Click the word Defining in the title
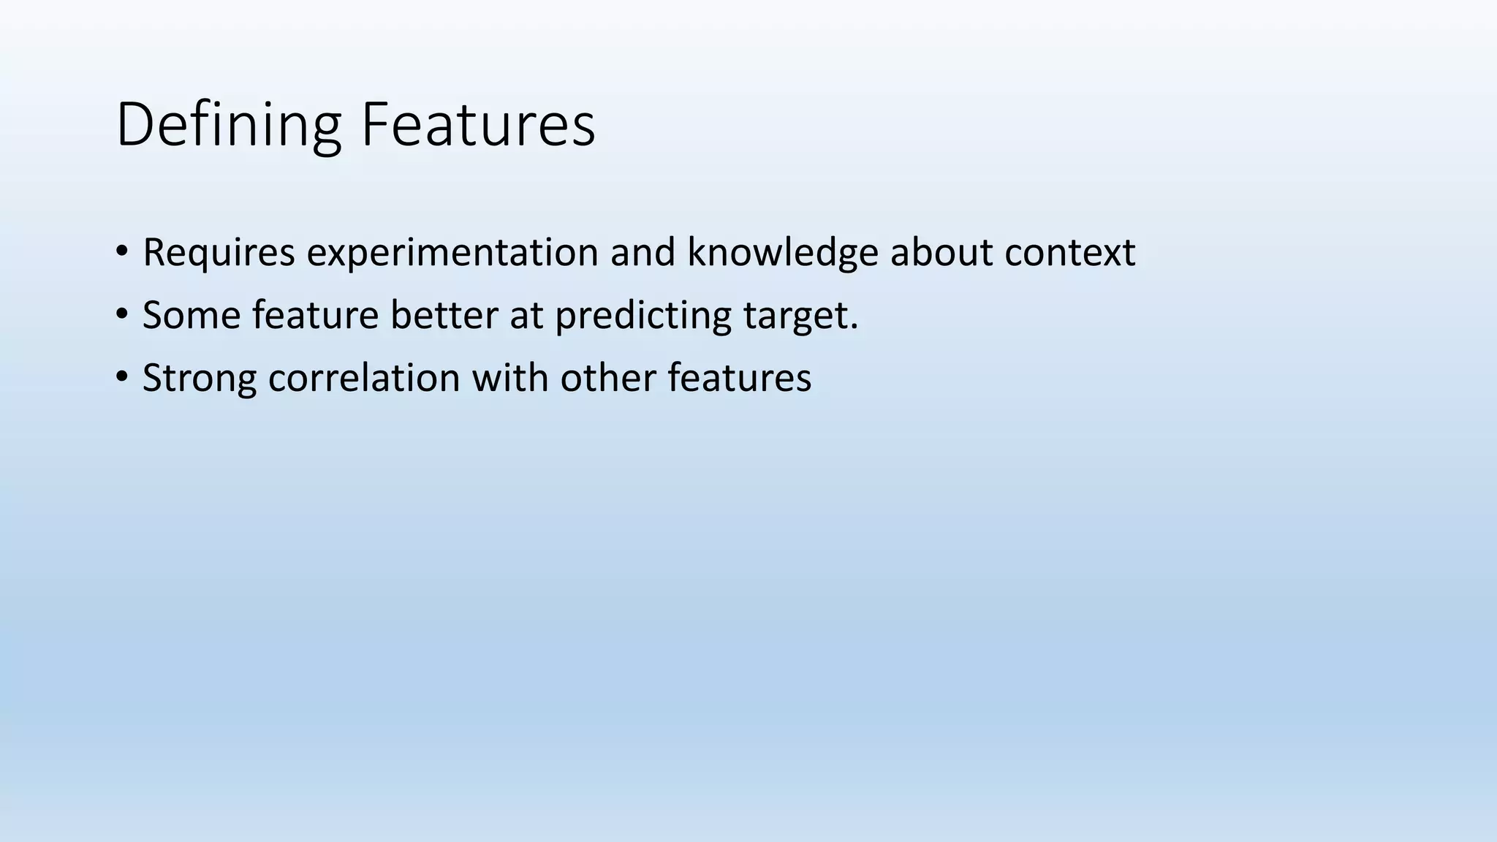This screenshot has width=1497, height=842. pyautogui.click(x=228, y=125)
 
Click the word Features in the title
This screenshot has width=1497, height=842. pyautogui.click(x=478, y=125)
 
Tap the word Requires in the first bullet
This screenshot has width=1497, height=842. pyautogui.click(x=219, y=253)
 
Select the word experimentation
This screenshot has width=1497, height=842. pyautogui.click(x=452, y=253)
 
